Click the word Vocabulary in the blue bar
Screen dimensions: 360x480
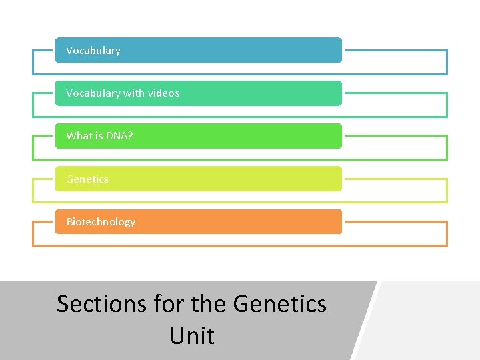pyautogui.click(x=93, y=51)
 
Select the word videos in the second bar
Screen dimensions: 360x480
pyautogui.click(x=164, y=93)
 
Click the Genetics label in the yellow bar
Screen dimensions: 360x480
pyautogui.click(x=87, y=179)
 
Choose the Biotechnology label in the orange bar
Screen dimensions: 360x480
pyautogui.click(x=101, y=222)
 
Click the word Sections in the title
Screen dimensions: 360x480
pyautogui.click(x=101, y=304)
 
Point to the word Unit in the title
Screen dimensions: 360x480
pyautogui.click(x=192, y=335)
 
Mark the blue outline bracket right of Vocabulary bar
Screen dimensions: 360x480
pyautogui.click(x=446, y=62)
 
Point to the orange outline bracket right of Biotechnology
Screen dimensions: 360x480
pyautogui.click(x=446, y=233)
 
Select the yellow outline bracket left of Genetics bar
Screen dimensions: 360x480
pyautogui.click(x=33, y=191)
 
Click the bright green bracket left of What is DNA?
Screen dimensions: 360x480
pyautogui.click(x=33, y=148)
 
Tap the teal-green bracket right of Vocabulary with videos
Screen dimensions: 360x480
pyautogui.click(x=446, y=105)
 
